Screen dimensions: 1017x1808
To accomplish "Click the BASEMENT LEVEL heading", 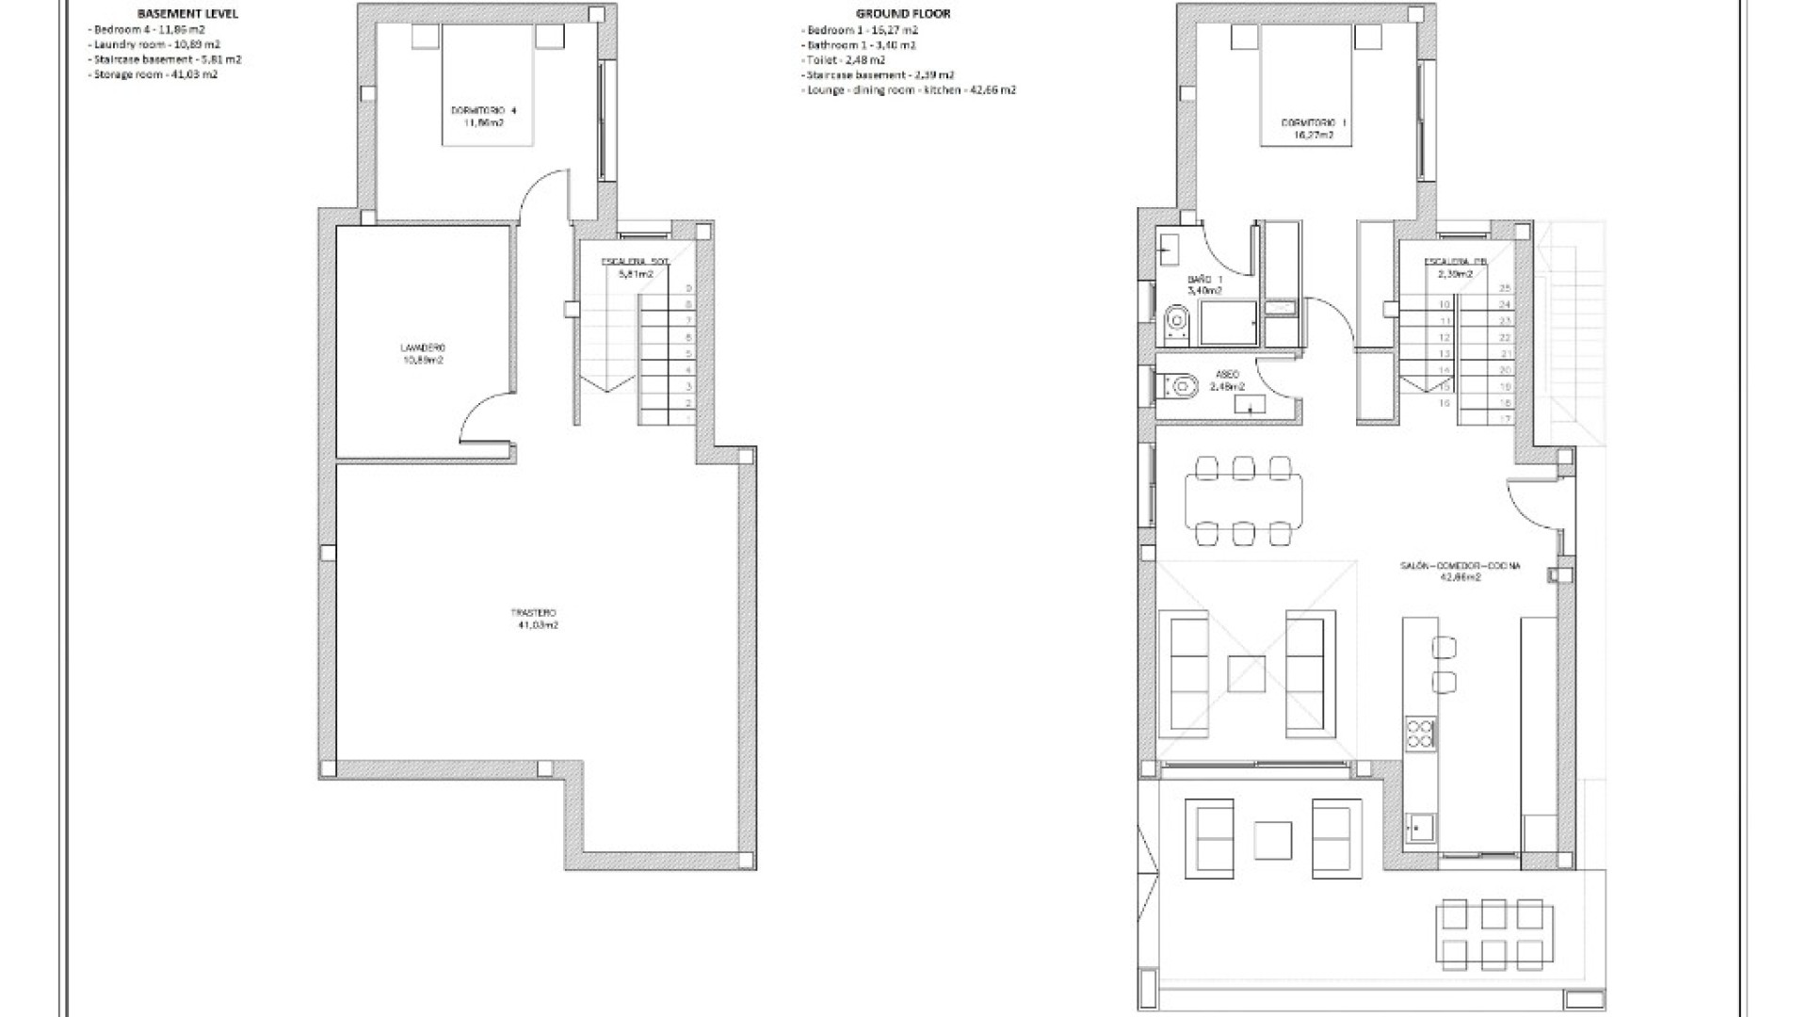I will [187, 14].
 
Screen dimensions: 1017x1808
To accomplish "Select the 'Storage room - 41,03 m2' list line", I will [154, 74].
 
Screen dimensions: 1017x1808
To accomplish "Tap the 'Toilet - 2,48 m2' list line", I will [846, 60].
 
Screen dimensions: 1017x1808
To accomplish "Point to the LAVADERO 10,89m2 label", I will [422, 353].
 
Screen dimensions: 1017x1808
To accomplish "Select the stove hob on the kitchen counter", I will [1420, 734].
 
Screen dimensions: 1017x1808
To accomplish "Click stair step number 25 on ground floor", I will [1505, 288].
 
